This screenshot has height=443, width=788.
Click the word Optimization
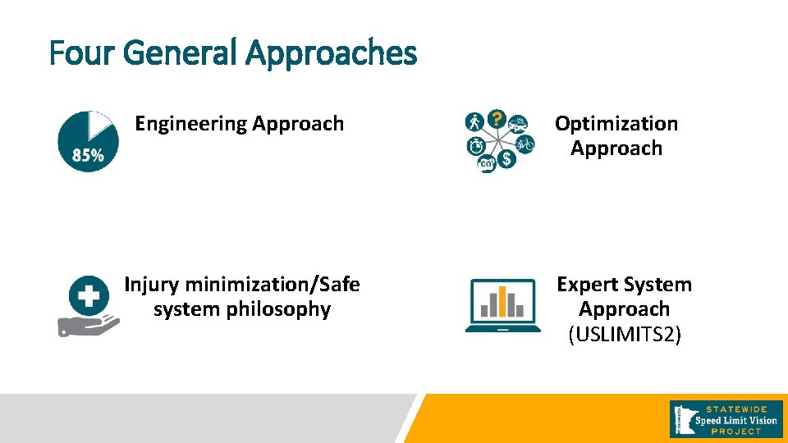[x=616, y=124]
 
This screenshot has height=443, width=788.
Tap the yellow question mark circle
[x=497, y=120]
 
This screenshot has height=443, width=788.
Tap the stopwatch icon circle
[x=475, y=146]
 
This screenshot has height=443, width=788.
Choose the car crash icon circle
[x=518, y=124]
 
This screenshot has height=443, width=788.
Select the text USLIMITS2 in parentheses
[x=625, y=335]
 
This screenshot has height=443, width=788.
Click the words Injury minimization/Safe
[x=242, y=285]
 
